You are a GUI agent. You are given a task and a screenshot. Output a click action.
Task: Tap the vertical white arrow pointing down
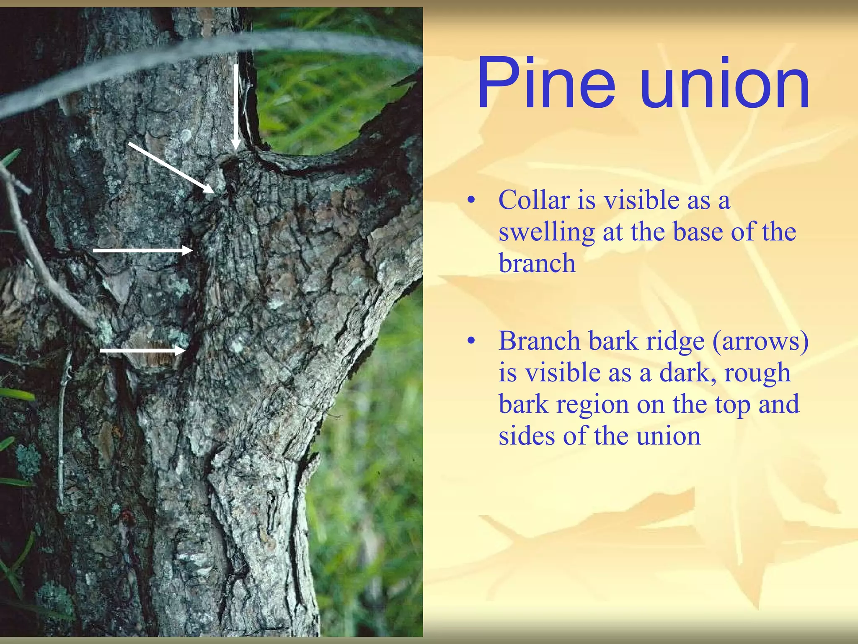(236, 107)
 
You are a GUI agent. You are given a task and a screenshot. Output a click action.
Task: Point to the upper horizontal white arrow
(142, 250)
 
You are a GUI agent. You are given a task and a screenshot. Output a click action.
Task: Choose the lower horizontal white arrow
(142, 350)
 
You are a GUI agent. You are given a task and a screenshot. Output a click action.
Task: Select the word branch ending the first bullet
(537, 264)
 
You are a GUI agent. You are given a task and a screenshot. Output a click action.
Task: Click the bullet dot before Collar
(472, 201)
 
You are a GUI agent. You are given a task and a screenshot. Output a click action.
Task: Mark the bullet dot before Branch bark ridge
(472, 342)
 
